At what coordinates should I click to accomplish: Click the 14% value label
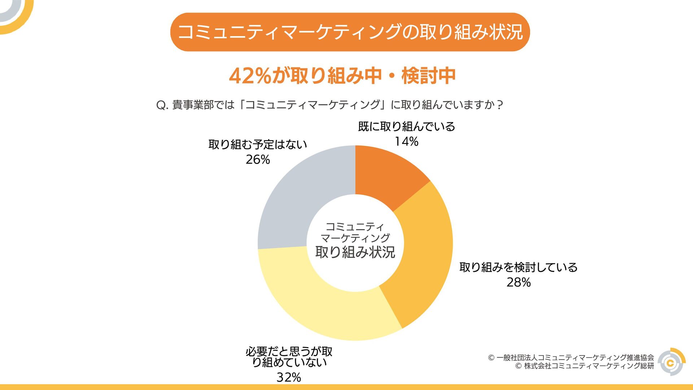[x=406, y=142]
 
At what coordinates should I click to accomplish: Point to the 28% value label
[x=518, y=282]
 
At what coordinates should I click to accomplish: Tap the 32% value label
[x=289, y=377]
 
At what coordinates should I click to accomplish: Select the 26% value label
[x=258, y=160]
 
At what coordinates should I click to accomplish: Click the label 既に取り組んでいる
[x=406, y=126]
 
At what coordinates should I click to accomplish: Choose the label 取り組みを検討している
[x=518, y=267]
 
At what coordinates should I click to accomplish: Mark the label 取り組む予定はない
[x=258, y=144]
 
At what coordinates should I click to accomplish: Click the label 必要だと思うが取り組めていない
[x=289, y=357]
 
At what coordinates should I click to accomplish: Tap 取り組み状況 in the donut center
[x=355, y=252]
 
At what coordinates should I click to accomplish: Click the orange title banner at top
[x=350, y=32]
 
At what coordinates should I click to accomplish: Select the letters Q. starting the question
[x=162, y=105]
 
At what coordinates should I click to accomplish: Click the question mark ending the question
[x=500, y=105]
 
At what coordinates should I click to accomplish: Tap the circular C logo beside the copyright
[x=671, y=362]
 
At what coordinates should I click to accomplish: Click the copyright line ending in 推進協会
[x=571, y=357]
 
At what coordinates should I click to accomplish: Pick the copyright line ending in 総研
[x=584, y=366]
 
